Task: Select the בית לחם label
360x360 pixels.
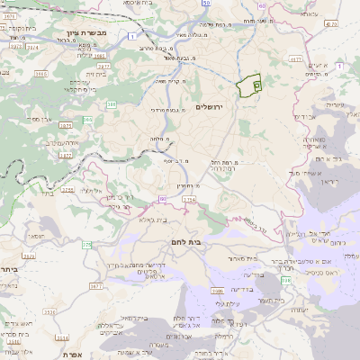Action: pyautogui.click(x=185, y=243)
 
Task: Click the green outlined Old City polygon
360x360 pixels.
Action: pyautogui.click(x=247, y=86)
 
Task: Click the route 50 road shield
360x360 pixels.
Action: pyautogui.click(x=206, y=4)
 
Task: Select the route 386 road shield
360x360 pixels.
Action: pyautogui.click(x=111, y=104)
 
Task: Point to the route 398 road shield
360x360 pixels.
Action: pyautogui.click(x=285, y=281)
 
